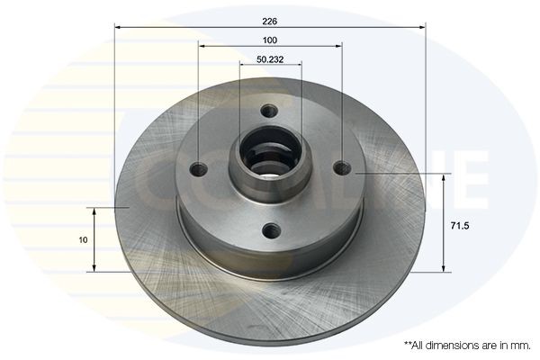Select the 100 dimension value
pos(270,40)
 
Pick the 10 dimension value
pos(83,239)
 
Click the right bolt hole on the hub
pos(342,167)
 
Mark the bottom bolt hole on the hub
pos(270,230)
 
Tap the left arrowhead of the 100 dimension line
pos(202,48)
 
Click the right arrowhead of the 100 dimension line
pos(338,48)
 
